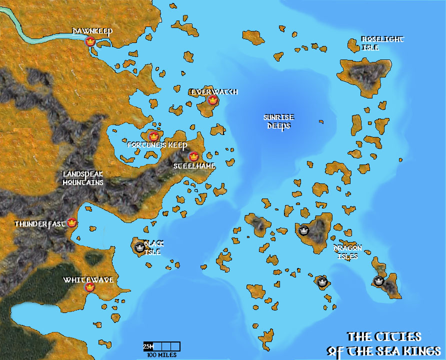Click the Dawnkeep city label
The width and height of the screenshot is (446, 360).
92,31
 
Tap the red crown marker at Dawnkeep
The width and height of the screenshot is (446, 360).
90,42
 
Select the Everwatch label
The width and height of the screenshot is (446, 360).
214,92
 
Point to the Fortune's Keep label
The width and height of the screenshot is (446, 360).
157,145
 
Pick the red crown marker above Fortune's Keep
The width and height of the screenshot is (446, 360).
153,136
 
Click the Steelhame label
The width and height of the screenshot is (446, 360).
194,165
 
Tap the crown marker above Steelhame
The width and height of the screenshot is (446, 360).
193,156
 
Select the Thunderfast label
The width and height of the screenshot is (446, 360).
40,223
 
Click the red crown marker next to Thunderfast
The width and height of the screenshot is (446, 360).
72,223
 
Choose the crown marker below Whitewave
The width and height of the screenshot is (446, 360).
90,287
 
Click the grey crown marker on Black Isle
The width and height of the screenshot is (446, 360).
139,247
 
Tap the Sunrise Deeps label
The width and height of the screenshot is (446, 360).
278,121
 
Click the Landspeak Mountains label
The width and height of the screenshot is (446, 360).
83,178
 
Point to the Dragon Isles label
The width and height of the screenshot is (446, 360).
347,251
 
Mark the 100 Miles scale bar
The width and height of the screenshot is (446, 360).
161,346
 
